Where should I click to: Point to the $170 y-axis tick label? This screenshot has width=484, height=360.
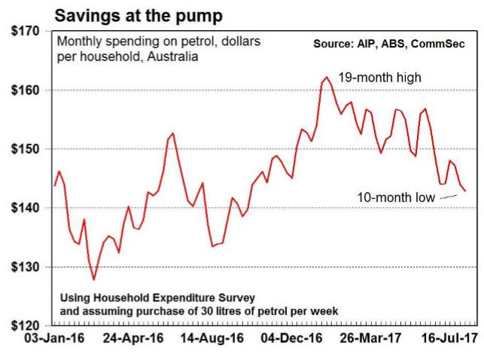click(25, 32)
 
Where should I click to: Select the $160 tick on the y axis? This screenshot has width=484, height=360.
click(25, 91)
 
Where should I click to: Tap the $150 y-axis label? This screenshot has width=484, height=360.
click(25, 150)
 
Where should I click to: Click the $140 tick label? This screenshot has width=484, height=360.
click(25, 209)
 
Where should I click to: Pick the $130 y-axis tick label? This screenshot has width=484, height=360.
click(25, 267)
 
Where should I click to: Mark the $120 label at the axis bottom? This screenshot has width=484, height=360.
click(25, 325)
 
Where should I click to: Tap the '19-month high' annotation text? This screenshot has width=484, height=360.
click(379, 77)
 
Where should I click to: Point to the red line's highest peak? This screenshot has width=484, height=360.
click(326, 77)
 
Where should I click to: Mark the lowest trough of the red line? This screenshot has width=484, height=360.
click(94, 280)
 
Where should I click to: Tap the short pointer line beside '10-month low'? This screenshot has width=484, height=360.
click(448, 197)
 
